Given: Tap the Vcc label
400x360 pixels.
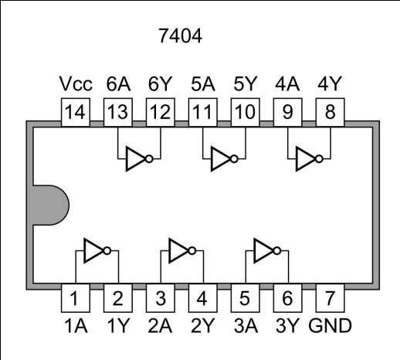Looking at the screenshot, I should coord(76,83).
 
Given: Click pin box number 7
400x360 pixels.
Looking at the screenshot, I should coord(330,297).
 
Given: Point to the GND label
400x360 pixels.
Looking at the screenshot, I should coord(330,324).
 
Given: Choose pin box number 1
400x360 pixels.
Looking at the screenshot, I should coord(75,297).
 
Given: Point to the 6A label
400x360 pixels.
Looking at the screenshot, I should coord(118,83).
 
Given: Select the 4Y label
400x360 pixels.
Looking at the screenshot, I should coord(330,83).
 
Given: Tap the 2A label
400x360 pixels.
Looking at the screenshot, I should coord(160,324).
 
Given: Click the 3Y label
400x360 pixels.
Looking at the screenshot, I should coord(287,324).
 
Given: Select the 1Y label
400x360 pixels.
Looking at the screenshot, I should coord(117,324).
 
